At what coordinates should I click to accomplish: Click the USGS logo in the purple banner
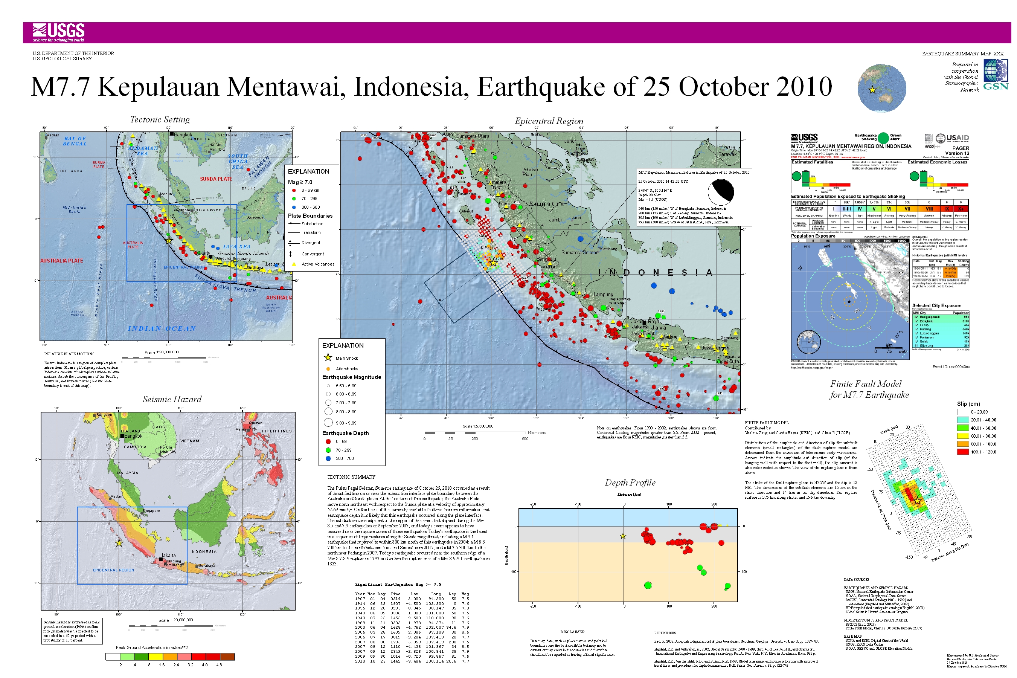[x=58, y=32]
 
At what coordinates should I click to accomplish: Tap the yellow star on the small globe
[x=872, y=90]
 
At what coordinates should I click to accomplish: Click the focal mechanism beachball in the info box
[x=721, y=192]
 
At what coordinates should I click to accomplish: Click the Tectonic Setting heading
[x=160, y=119]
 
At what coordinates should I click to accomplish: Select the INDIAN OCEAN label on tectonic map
[x=161, y=328]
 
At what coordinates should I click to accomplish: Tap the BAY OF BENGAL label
[x=75, y=141]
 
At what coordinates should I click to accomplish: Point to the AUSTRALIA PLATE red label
[x=61, y=261]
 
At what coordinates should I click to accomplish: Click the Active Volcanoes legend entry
[x=317, y=264]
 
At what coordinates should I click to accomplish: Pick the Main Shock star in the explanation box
[x=328, y=357]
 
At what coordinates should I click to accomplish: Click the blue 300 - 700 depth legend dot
[x=328, y=458]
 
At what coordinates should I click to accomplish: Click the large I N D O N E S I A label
[x=655, y=272]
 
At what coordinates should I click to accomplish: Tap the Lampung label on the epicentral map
[x=603, y=295]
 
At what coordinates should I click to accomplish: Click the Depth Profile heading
[x=630, y=483]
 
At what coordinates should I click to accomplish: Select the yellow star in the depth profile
[x=623, y=536]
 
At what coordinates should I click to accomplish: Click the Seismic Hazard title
[x=172, y=399]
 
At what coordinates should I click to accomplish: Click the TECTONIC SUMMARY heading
[x=351, y=477]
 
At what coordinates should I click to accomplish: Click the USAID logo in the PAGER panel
[x=953, y=138]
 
